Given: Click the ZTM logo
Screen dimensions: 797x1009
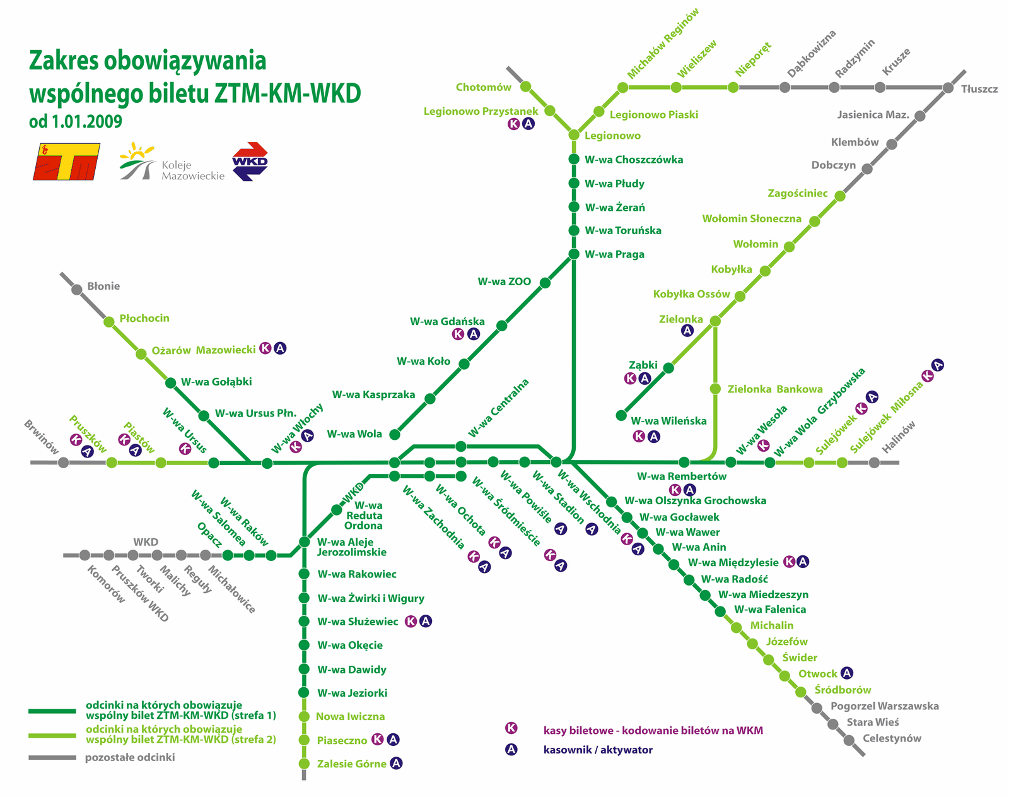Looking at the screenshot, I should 66,162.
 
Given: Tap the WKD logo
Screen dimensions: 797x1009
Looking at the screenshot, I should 250,162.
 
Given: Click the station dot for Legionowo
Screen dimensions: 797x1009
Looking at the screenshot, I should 574,135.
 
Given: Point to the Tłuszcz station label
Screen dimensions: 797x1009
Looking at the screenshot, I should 979,89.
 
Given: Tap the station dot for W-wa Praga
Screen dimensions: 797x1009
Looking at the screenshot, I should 574,254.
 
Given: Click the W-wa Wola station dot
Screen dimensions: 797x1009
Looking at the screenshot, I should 395,434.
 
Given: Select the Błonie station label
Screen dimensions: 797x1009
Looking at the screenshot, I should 103,286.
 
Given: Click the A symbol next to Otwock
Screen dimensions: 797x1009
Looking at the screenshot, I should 847,673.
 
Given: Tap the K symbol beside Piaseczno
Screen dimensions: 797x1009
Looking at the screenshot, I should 377,739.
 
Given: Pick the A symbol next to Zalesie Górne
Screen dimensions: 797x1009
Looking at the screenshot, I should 396,763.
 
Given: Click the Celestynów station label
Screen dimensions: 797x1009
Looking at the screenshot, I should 892,738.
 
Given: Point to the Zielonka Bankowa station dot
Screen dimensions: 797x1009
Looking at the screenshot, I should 715,389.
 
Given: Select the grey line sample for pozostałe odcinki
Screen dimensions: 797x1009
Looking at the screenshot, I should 52,757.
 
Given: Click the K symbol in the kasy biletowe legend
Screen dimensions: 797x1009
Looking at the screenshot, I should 511,728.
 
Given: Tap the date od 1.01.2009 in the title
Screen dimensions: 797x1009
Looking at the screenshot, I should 76,121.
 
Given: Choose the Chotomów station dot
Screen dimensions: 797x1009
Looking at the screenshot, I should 526,86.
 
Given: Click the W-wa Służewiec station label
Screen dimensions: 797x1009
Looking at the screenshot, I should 358,622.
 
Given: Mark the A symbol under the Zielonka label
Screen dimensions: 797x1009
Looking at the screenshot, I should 687,330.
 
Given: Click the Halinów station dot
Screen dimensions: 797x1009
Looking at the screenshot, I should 874,463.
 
